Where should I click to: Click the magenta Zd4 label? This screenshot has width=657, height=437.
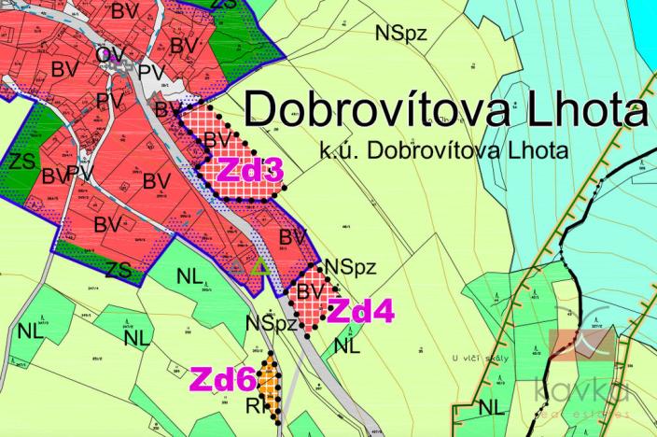tap(362, 312)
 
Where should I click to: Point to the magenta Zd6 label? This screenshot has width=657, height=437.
tap(223, 380)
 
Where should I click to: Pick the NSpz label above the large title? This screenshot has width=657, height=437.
tap(401, 33)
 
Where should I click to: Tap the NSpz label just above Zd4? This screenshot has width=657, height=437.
tap(350, 267)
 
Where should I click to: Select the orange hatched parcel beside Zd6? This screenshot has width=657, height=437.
tap(270, 379)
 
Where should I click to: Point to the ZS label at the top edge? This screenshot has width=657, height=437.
tap(223, 5)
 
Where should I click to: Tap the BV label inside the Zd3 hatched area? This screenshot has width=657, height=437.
tap(217, 140)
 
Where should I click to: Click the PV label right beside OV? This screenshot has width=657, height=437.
tap(150, 71)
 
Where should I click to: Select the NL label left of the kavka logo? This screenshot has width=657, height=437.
tap(492, 407)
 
